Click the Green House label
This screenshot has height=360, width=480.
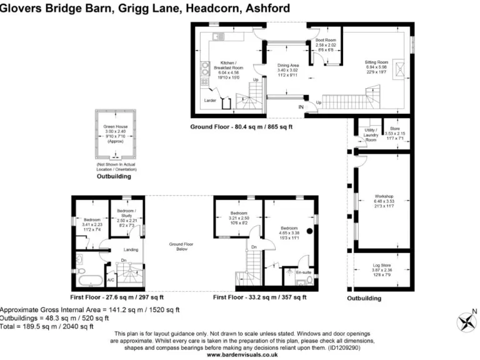pyautogui.click(x=115, y=126)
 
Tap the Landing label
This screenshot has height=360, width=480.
pyautogui.click(x=131, y=249)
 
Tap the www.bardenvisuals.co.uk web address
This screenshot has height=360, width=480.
pyautogui.click(x=241, y=355)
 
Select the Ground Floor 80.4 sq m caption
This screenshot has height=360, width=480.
pyautogui.click(x=242, y=127)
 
